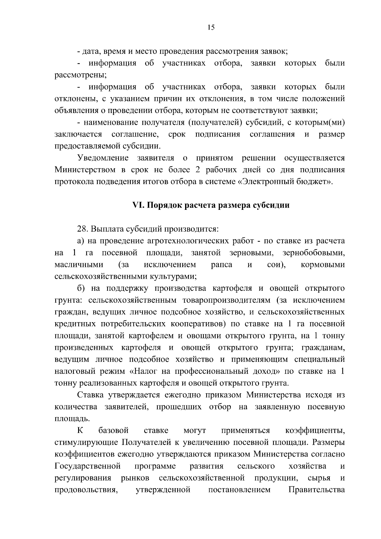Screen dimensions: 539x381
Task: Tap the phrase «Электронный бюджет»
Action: click(x=287, y=182)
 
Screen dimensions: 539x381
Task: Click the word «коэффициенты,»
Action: click(x=315, y=431)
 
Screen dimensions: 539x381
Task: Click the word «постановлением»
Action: click(x=239, y=490)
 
